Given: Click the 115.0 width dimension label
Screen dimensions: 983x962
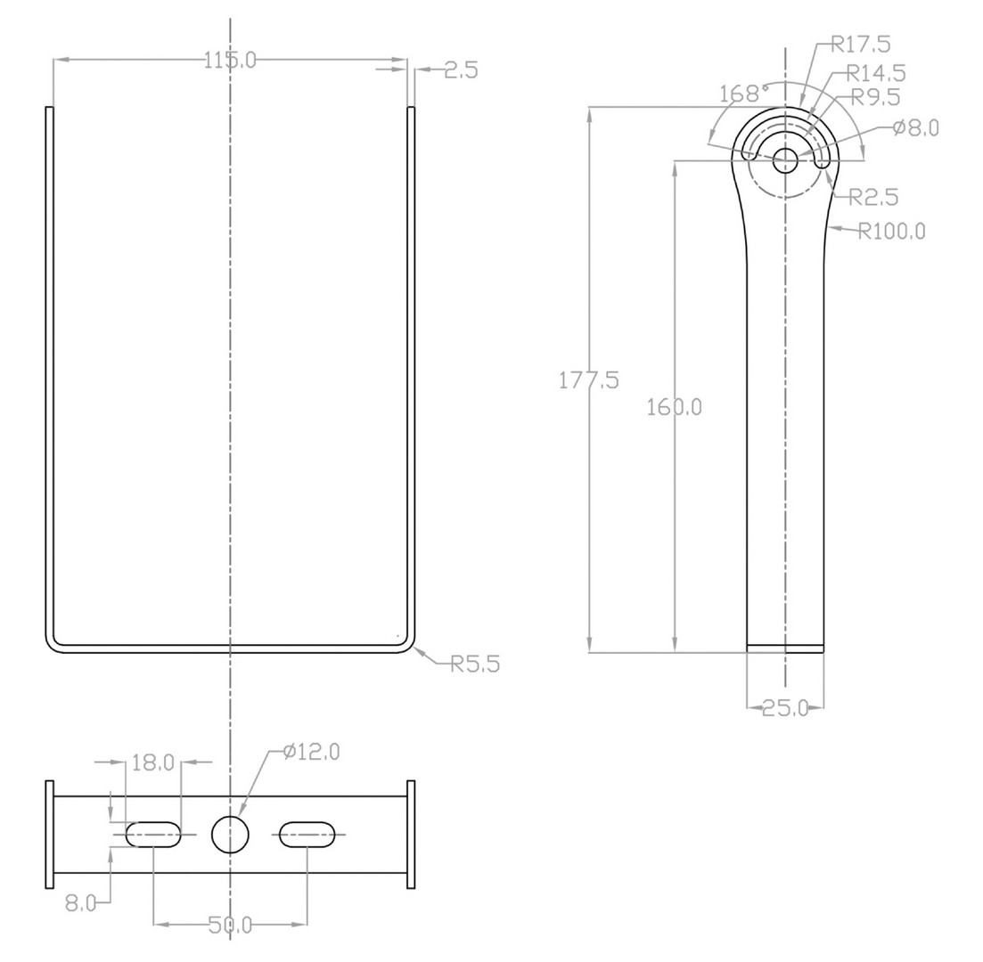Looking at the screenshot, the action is pyautogui.click(x=230, y=61).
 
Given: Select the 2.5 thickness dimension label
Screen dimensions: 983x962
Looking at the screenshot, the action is pyautogui.click(x=461, y=70).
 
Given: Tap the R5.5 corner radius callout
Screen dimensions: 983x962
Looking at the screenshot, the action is pyautogui.click(x=476, y=664).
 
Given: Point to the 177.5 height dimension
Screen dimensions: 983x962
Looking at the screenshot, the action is pyautogui.click(x=589, y=380).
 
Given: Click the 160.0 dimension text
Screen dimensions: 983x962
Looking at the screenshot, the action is pyautogui.click(x=674, y=407).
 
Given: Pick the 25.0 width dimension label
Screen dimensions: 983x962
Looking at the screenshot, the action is pyautogui.click(x=785, y=708).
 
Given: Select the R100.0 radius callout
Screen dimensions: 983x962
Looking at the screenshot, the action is pyautogui.click(x=891, y=232).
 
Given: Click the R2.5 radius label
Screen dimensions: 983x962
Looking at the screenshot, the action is pyautogui.click(x=874, y=198).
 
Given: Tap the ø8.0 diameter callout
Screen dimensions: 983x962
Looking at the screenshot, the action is pyautogui.click(x=916, y=128).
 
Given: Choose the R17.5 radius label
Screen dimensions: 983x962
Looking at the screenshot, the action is pyautogui.click(x=862, y=44).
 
